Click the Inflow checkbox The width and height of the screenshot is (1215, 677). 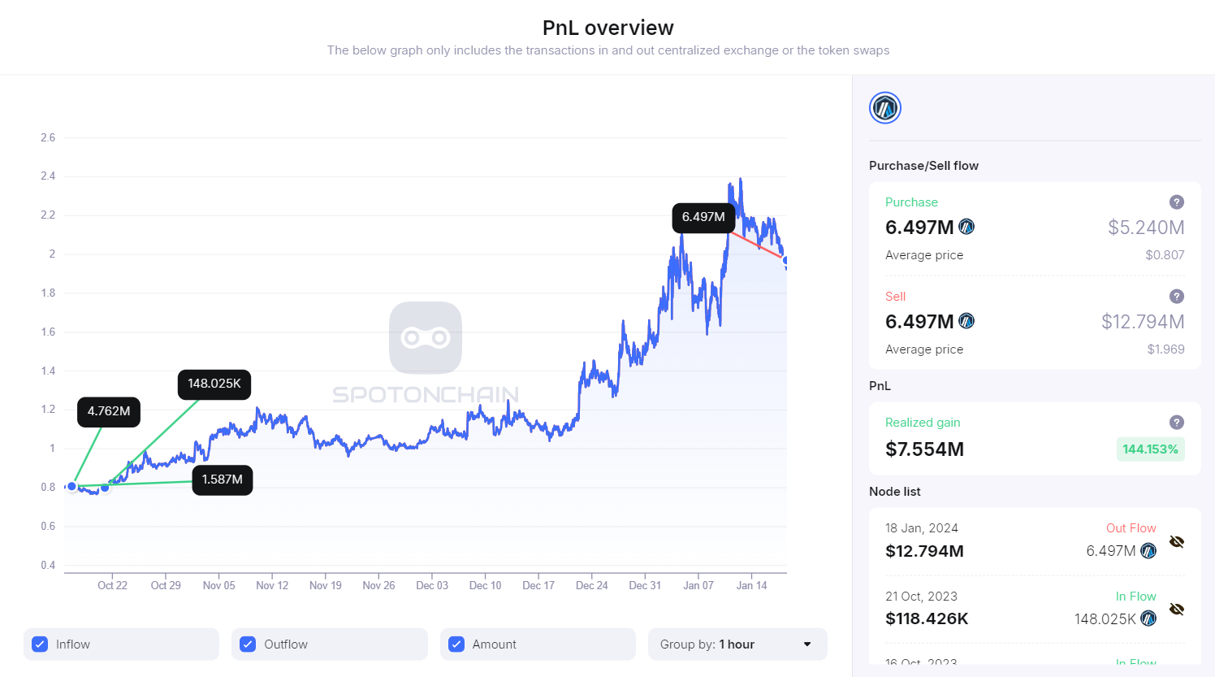coord(40,644)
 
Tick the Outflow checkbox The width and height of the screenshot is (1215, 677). coord(248,644)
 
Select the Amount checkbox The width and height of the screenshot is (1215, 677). coord(456,644)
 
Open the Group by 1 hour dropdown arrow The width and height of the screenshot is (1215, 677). coord(807,644)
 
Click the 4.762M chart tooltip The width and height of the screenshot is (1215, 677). coord(109,412)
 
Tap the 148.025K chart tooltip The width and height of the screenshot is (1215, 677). coord(214,384)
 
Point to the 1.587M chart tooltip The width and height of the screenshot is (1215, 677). coord(223,480)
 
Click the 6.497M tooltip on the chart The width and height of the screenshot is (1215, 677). coord(703,218)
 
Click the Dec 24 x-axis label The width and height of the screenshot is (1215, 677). coord(592,585)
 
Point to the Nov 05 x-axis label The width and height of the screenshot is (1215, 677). coord(219,585)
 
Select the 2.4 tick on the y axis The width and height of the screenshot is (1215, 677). coord(48,176)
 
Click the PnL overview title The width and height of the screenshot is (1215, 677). coord(607,28)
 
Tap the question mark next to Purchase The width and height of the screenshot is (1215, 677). coord(1176,202)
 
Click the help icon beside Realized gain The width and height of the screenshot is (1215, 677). coord(1176,423)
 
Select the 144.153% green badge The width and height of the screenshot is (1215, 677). coord(1150,449)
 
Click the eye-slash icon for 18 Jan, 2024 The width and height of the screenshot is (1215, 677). coord(1176,542)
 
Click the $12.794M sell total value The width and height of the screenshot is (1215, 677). coord(1143,322)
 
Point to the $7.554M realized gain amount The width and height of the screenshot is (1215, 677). coord(924,449)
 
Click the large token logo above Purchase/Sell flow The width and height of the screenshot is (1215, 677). coord(885,108)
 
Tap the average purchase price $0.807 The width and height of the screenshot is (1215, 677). coord(1165,255)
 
